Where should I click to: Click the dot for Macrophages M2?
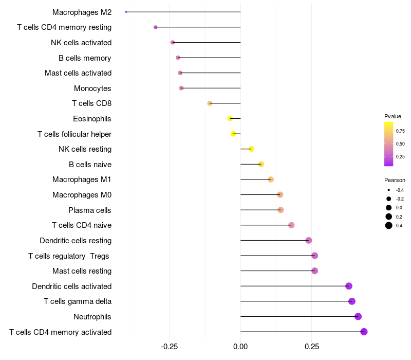pos(126,12)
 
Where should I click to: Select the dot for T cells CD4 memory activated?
pos(364,332)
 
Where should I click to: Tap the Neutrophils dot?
pos(358,316)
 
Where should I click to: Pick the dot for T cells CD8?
pos(210,103)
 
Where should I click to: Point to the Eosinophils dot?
pos(230,118)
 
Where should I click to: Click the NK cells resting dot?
pos(251,149)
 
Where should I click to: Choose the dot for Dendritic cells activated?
pos(349,286)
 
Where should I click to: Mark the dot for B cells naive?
pos(261,164)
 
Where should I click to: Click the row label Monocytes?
pos(92,88)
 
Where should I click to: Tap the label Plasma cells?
pos(90,210)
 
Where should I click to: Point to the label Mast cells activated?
pos(78,73)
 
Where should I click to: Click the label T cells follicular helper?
pos(74,134)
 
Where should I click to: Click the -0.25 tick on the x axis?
pos(170,347)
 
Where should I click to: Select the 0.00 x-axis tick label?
pos(240,347)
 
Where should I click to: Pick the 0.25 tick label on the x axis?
pos(311,347)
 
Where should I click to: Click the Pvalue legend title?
pos(393,116)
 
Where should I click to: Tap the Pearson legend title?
pos(395,181)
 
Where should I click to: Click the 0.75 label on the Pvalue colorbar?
pos(400,131)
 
